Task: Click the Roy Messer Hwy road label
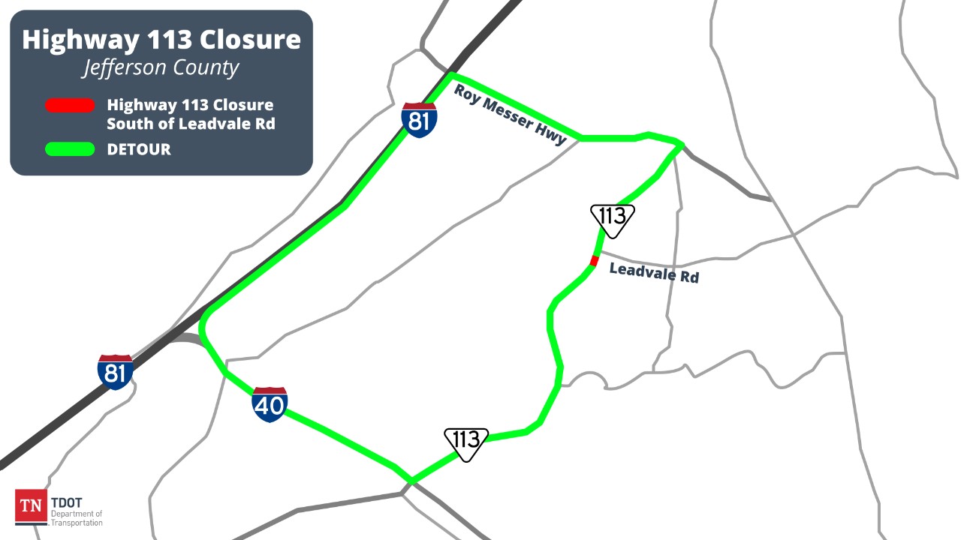tap(511, 114)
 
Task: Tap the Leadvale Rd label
tap(654, 272)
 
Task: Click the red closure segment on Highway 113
tap(594, 260)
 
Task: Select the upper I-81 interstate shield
tap(419, 120)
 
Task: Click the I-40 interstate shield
tap(270, 405)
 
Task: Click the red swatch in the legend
tap(70, 106)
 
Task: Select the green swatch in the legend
tap(70, 149)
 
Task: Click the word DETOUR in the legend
tap(139, 149)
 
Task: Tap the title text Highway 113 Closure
tap(161, 40)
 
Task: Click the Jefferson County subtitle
tap(161, 67)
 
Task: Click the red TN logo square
tap(31, 505)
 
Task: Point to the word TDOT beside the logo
tap(67, 502)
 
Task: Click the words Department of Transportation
tap(77, 517)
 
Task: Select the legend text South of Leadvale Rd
tap(191, 124)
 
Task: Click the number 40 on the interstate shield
tap(270, 407)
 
